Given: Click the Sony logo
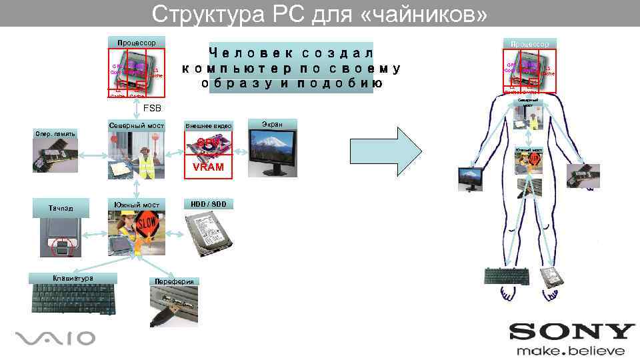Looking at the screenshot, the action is (x=572, y=332).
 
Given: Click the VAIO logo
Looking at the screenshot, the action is (x=55, y=338).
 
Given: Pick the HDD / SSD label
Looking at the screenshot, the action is (x=208, y=203).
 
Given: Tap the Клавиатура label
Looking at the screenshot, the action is (x=73, y=278).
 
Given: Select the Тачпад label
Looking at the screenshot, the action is (x=61, y=209).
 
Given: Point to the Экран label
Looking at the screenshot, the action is (x=271, y=124).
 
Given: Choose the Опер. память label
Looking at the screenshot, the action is (x=55, y=134).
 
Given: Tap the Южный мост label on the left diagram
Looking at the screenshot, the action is (x=137, y=204).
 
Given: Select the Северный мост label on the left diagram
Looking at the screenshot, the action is (x=136, y=125).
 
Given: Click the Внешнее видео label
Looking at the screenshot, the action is (x=209, y=125).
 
